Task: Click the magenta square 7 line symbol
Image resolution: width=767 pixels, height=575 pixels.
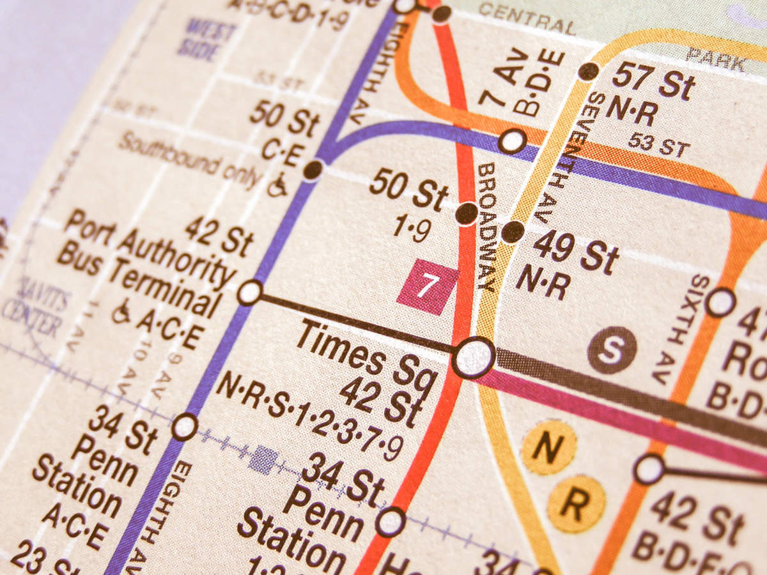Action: point(427,286)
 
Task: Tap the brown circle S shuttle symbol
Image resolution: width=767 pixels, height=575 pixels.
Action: point(612,349)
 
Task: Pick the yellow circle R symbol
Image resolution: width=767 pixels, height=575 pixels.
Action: point(576,503)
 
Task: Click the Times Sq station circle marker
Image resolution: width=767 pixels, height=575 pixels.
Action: point(474,358)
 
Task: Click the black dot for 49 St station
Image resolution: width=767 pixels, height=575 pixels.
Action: point(513,231)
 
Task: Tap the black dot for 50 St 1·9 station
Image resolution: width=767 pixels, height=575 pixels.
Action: point(467,213)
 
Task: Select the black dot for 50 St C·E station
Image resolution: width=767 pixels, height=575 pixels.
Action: point(313,170)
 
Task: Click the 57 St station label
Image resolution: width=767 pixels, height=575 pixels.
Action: point(653,81)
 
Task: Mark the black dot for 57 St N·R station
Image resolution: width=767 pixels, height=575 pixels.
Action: point(588,71)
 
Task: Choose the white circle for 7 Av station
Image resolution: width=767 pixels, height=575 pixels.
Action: point(512,141)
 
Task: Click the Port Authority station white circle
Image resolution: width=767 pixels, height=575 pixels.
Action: point(249,293)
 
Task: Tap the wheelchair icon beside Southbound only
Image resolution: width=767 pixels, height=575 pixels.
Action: point(277,187)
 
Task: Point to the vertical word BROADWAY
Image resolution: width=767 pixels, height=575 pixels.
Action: point(486,227)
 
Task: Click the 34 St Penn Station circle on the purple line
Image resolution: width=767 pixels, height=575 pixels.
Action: point(184,426)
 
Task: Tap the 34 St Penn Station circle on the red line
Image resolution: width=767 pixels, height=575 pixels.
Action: point(390,521)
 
